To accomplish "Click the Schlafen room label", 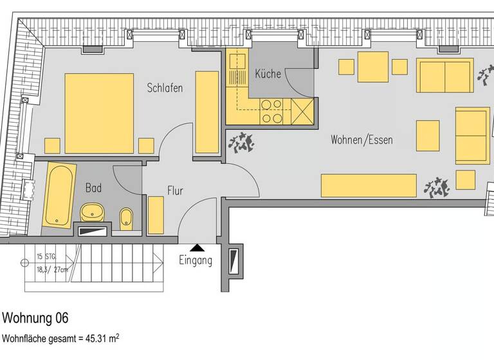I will click(165, 88).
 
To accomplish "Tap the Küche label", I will click(268, 73).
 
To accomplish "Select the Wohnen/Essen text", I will click(361, 139).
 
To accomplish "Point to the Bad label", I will click(93, 188).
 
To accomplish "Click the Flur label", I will click(175, 191).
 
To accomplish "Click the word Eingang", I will click(196, 260).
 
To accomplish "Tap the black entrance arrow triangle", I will click(197, 247).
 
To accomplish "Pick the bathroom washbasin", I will click(93, 211).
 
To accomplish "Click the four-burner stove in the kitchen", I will click(271, 111).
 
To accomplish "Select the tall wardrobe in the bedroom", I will click(207, 112).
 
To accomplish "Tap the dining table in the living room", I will click(373, 67).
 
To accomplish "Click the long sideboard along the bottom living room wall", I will click(369, 185).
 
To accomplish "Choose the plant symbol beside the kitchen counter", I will click(241, 142).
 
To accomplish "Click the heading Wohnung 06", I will click(35, 318).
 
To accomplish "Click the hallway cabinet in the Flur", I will click(156, 215).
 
